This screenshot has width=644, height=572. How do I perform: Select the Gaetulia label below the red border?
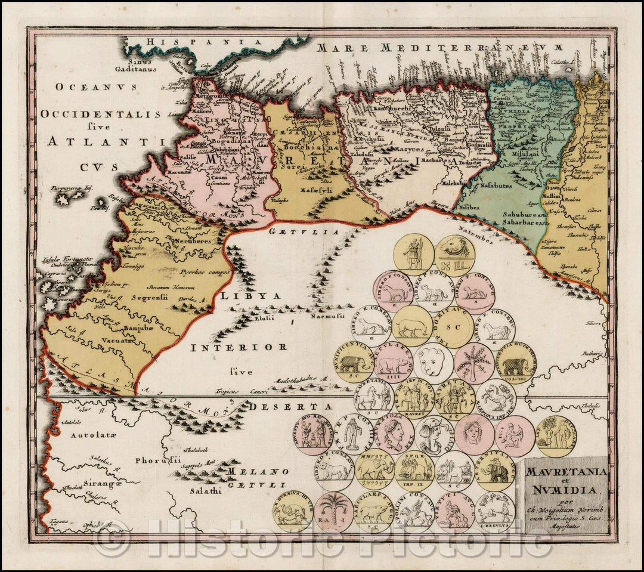[304, 231]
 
